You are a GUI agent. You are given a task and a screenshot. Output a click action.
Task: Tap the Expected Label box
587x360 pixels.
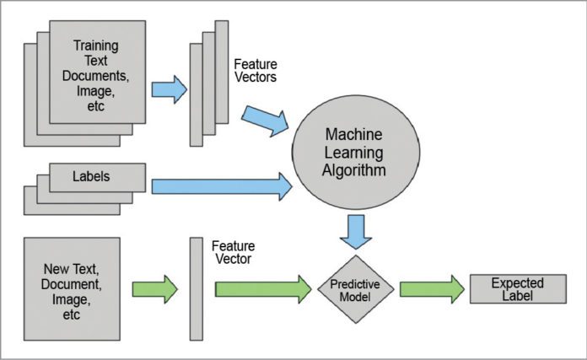click(x=518, y=289)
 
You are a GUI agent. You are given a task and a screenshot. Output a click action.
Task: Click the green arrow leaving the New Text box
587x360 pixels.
click(x=154, y=289)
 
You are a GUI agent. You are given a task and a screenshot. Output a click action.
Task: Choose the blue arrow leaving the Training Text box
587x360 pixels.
click(x=169, y=89)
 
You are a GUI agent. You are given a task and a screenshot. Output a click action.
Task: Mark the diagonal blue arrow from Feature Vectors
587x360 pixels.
click(x=264, y=121)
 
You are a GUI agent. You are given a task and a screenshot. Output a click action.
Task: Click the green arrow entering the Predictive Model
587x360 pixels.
click(x=262, y=289)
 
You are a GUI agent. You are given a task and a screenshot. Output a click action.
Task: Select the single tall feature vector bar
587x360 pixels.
click(x=196, y=288)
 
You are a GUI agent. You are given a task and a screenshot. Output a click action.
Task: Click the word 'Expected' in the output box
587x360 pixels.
click(x=518, y=282)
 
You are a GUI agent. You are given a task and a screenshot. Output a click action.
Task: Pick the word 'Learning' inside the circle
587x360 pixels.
click(x=356, y=153)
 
